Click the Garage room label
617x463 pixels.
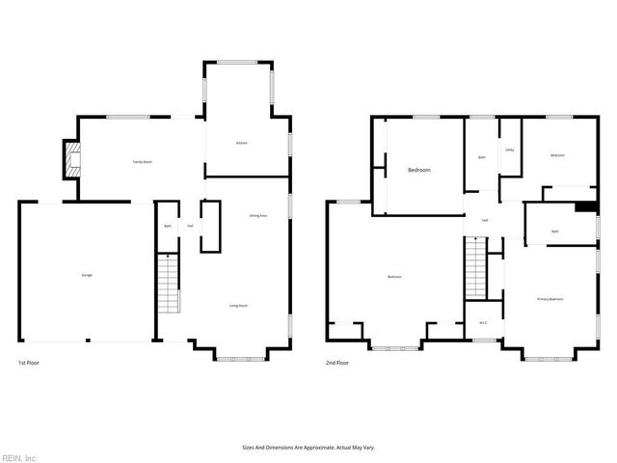click(x=87, y=275)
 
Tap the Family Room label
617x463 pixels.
click(x=142, y=162)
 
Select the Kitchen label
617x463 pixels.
click(x=242, y=143)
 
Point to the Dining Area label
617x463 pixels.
click(x=257, y=215)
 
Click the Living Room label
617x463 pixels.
click(x=238, y=306)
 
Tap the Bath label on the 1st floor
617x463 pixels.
click(x=167, y=227)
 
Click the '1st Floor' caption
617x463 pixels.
click(x=29, y=363)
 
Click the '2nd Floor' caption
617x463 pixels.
click(x=336, y=363)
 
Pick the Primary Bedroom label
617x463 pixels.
click(x=550, y=300)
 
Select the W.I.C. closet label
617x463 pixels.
click(x=483, y=322)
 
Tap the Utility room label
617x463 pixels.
click(x=509, y=150)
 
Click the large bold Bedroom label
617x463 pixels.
click(x=418, y=170)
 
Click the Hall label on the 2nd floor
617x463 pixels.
click(x=485, y=221)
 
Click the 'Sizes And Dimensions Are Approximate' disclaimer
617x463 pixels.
click(x=308, y=448)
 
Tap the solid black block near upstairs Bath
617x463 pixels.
click(x=584, y=205)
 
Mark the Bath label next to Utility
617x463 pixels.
click(x=481, y=157)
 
